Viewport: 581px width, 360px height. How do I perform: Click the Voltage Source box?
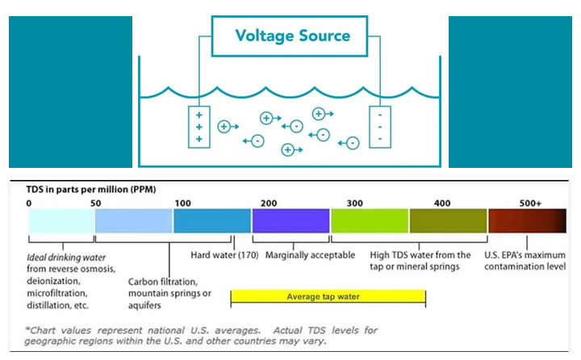point(292,36)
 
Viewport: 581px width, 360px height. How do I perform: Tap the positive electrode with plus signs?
point(199,127)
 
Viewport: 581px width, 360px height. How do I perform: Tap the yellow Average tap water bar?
point(328,296)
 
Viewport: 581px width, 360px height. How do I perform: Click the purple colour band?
point(290,220)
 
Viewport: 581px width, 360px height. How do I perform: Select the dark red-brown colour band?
point(528,220)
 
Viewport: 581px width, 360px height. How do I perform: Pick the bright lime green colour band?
point(370,220)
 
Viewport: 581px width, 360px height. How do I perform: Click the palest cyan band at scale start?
point(61,220)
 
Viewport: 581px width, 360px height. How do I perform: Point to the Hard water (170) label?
point(218,255)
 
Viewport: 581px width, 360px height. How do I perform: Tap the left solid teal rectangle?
point(70,91)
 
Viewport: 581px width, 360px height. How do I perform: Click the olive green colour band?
point(448,220)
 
